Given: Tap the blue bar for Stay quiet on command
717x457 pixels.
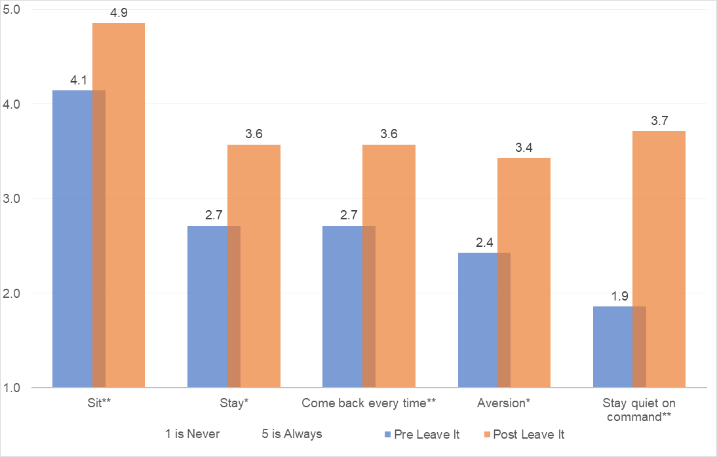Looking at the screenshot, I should (613, 347).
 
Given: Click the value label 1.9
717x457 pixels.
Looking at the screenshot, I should (619, 295).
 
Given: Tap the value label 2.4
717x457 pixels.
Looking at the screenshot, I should (484, 242).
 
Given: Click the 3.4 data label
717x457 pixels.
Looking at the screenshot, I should (524, 147).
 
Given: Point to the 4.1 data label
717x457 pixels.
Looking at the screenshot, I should (79, 80).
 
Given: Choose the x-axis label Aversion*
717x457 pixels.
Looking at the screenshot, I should (504, 403).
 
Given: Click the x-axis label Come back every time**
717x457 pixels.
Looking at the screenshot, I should (369, 403).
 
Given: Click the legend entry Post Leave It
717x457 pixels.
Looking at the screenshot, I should (528, 434).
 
